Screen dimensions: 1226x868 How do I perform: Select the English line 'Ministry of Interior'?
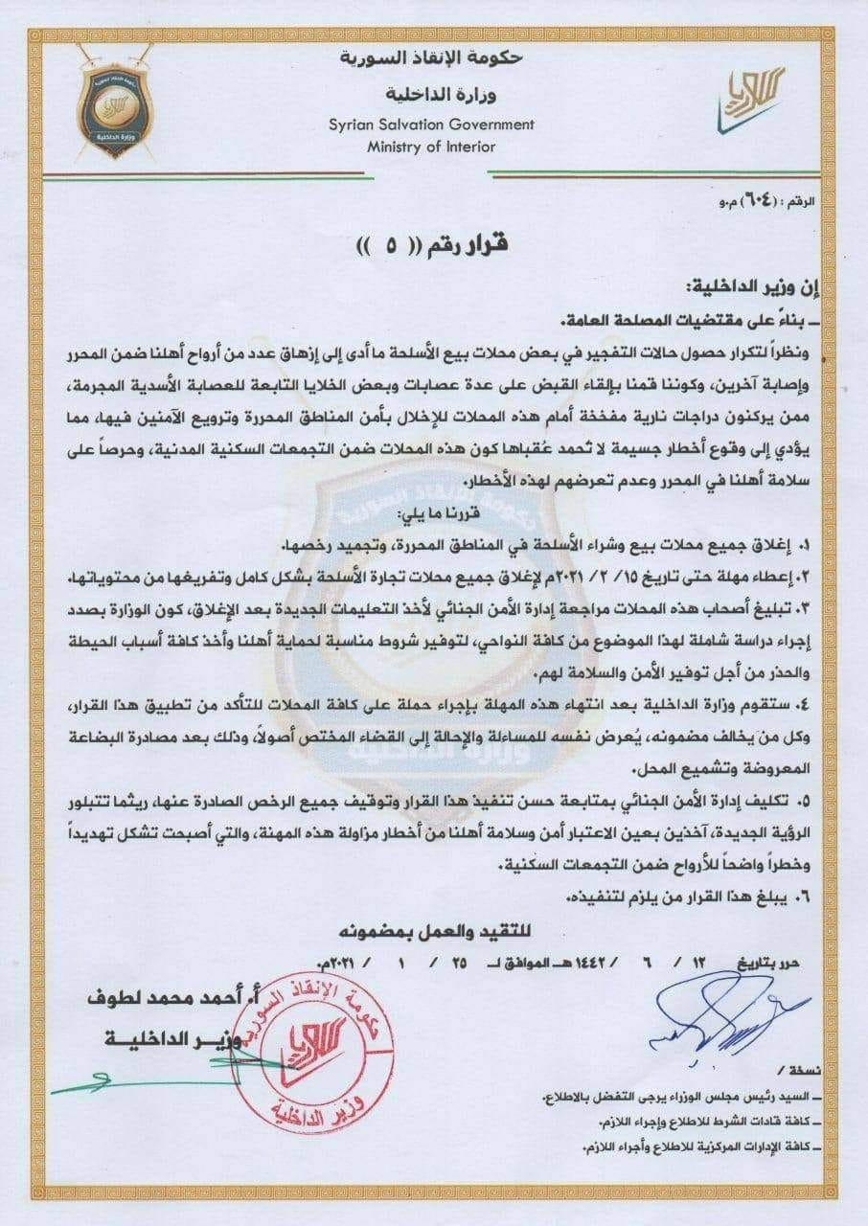pos(432,147)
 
